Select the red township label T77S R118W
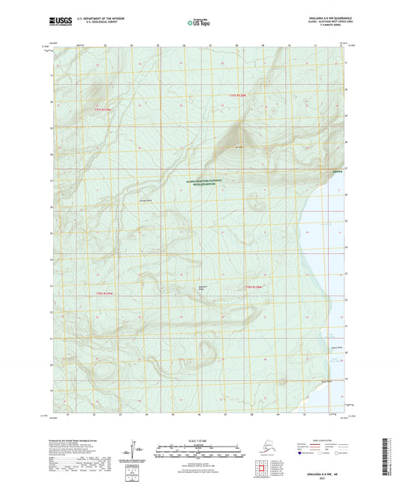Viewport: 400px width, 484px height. [239, 95]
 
